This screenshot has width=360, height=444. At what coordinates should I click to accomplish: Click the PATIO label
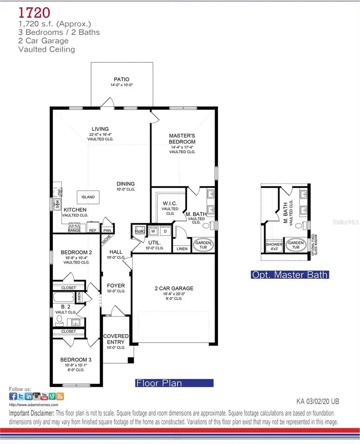(x=121, y=79)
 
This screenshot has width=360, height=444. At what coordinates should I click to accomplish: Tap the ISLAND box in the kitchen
(x=88, y=197)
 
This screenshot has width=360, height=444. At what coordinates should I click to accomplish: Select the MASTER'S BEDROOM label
(x=182, y=139)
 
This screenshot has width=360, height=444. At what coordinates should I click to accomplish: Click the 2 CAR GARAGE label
(x=174, y=288)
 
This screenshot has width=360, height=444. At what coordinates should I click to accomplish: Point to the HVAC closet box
(x=140, y=231)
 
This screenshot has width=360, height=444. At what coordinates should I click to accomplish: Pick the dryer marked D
(x=165, y=231)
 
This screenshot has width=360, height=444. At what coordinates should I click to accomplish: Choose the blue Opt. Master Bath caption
(x=290, y=275)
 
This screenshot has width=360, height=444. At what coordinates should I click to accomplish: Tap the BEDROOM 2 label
(x=76, y=252)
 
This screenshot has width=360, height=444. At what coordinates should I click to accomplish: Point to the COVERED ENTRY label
(x=116, y=339)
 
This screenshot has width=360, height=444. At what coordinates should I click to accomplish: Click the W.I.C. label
(x=168, y=203)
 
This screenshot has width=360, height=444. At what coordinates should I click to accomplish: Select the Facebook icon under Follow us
(x=13, y=396)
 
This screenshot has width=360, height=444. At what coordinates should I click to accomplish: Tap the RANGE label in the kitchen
(x=74, y=230)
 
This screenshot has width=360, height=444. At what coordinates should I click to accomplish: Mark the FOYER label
(x=116, y=286)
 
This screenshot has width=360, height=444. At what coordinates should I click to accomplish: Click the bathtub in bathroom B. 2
(x=64, y=297)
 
